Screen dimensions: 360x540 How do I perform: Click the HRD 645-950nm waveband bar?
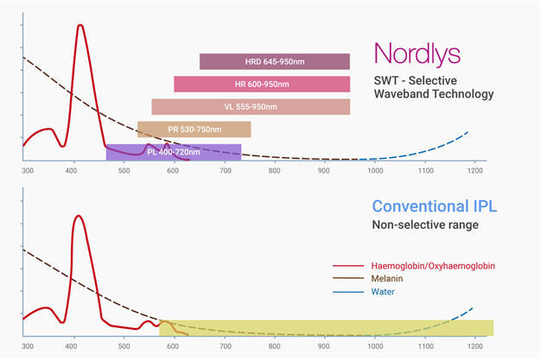coord(275,61)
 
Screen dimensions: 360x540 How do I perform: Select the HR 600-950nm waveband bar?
coord(262,84)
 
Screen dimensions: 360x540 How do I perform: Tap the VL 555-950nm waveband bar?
coord(251,106)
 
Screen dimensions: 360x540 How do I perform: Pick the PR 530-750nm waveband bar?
coord(194,129)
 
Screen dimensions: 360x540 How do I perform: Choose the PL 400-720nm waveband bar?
coord(174,152)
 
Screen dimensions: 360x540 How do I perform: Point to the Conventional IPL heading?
coord(435,207)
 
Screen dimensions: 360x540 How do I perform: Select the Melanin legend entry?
coord(389,280)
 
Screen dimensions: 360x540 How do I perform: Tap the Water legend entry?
coord(384,292)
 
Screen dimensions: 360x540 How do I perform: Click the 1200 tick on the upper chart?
coord(474,171)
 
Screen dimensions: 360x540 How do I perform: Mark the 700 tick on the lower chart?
coord(225,347)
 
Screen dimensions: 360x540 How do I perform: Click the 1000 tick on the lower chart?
coord(374,347)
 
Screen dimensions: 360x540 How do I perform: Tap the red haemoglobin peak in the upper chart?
coord(80,26)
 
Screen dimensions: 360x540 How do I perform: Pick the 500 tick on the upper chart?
coord(125,171)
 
